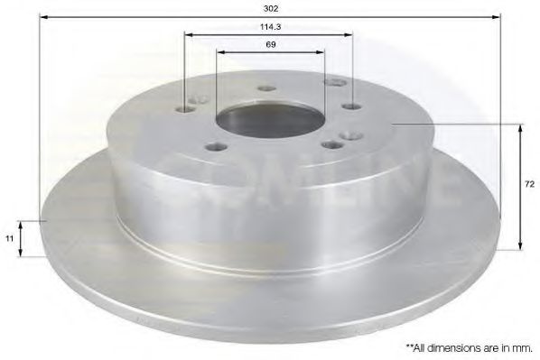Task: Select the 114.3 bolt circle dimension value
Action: (x=269, y=27)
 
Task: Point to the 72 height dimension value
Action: (x=530, y=183)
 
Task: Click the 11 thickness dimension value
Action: (x=10, y=238)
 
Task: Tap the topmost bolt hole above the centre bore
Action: (x=266, y=88)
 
